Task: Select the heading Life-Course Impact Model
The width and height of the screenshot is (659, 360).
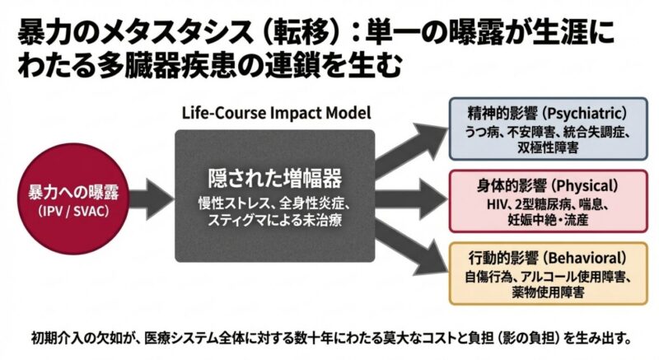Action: click(x=274, y=113)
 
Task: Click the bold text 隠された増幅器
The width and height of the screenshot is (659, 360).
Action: click(x=274, y=178)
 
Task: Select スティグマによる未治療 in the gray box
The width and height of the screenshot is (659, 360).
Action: click(x=274, y=220)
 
